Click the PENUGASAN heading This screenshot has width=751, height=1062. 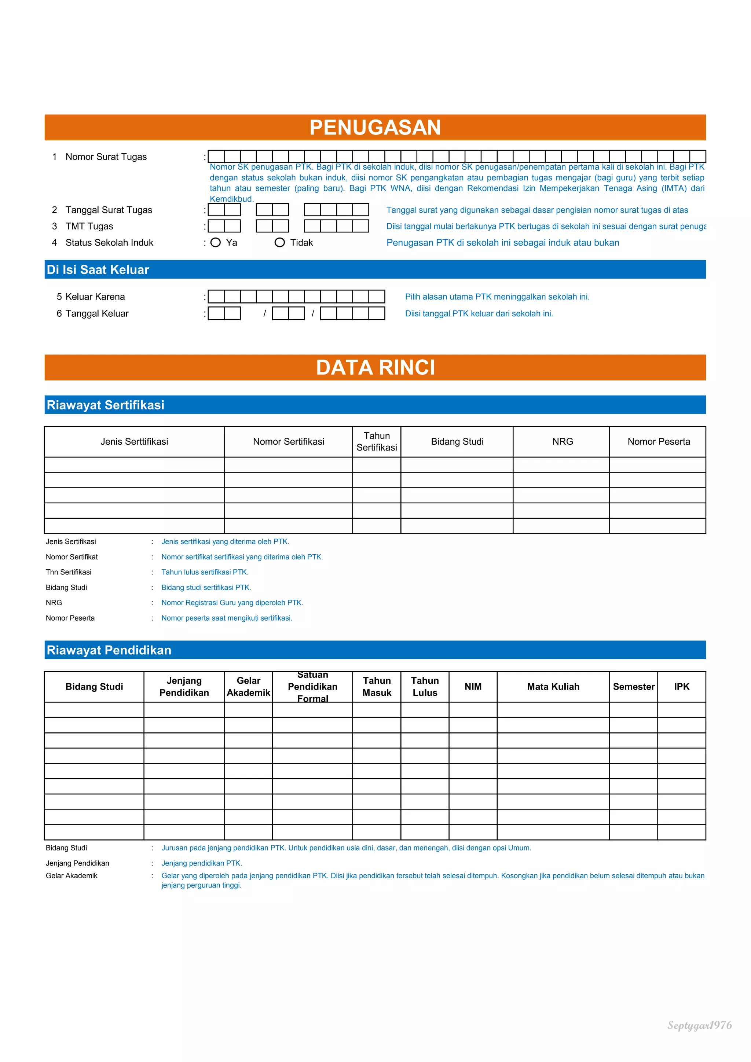click(375, 127)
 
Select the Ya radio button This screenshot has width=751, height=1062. click(216, 242)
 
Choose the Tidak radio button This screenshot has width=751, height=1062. click(279, 242)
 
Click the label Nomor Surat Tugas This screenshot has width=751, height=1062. click(106, 157)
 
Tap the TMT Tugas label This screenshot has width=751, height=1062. click(89, 226)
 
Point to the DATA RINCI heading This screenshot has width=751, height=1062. click(375, 367)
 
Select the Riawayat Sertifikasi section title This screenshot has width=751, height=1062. click(106, 405)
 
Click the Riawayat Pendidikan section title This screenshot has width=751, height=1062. click(109, 650)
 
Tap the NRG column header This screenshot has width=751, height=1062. click(562, 442)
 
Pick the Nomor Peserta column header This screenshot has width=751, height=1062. click(659, 442)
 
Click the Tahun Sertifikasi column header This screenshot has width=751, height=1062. click(377, 442)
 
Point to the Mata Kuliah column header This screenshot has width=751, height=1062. click(553, 687)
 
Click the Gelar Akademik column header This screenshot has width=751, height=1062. click(249, 687)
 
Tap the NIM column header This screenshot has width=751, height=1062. click(473, 687)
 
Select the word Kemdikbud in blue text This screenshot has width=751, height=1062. click(231, 199)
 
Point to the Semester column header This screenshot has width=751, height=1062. click(633, 687)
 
